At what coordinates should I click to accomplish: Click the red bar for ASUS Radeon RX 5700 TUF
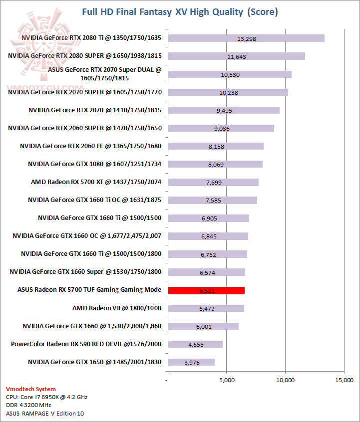click(x=206, y=290)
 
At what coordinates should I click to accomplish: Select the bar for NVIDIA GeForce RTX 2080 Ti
click(x=246, y=38)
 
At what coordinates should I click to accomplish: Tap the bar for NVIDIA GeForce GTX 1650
click(x=191, y=362)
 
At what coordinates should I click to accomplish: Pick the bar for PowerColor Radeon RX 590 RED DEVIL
click(x=195, y=344)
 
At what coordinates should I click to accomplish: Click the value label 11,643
click(x=236, y=56)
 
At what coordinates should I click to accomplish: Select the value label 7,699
click(x=214, y=183)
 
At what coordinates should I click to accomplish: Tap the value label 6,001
click(x=204, y=326)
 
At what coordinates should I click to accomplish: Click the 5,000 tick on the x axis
click(x=227, y=380)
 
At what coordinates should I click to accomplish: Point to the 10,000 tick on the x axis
click(x=285, y=380)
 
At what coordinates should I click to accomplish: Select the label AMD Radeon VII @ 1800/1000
click(x=117, y=308)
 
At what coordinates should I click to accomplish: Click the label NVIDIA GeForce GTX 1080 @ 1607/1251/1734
click(x=95, y=164)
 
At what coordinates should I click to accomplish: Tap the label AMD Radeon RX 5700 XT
click(x=96, y=182)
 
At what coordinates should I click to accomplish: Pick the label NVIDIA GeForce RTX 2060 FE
click(x=91, y=146)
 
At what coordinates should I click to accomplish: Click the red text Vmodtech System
click(x=31, y=389)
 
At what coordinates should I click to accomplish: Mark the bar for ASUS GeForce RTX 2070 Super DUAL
click(x=230, y=74)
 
